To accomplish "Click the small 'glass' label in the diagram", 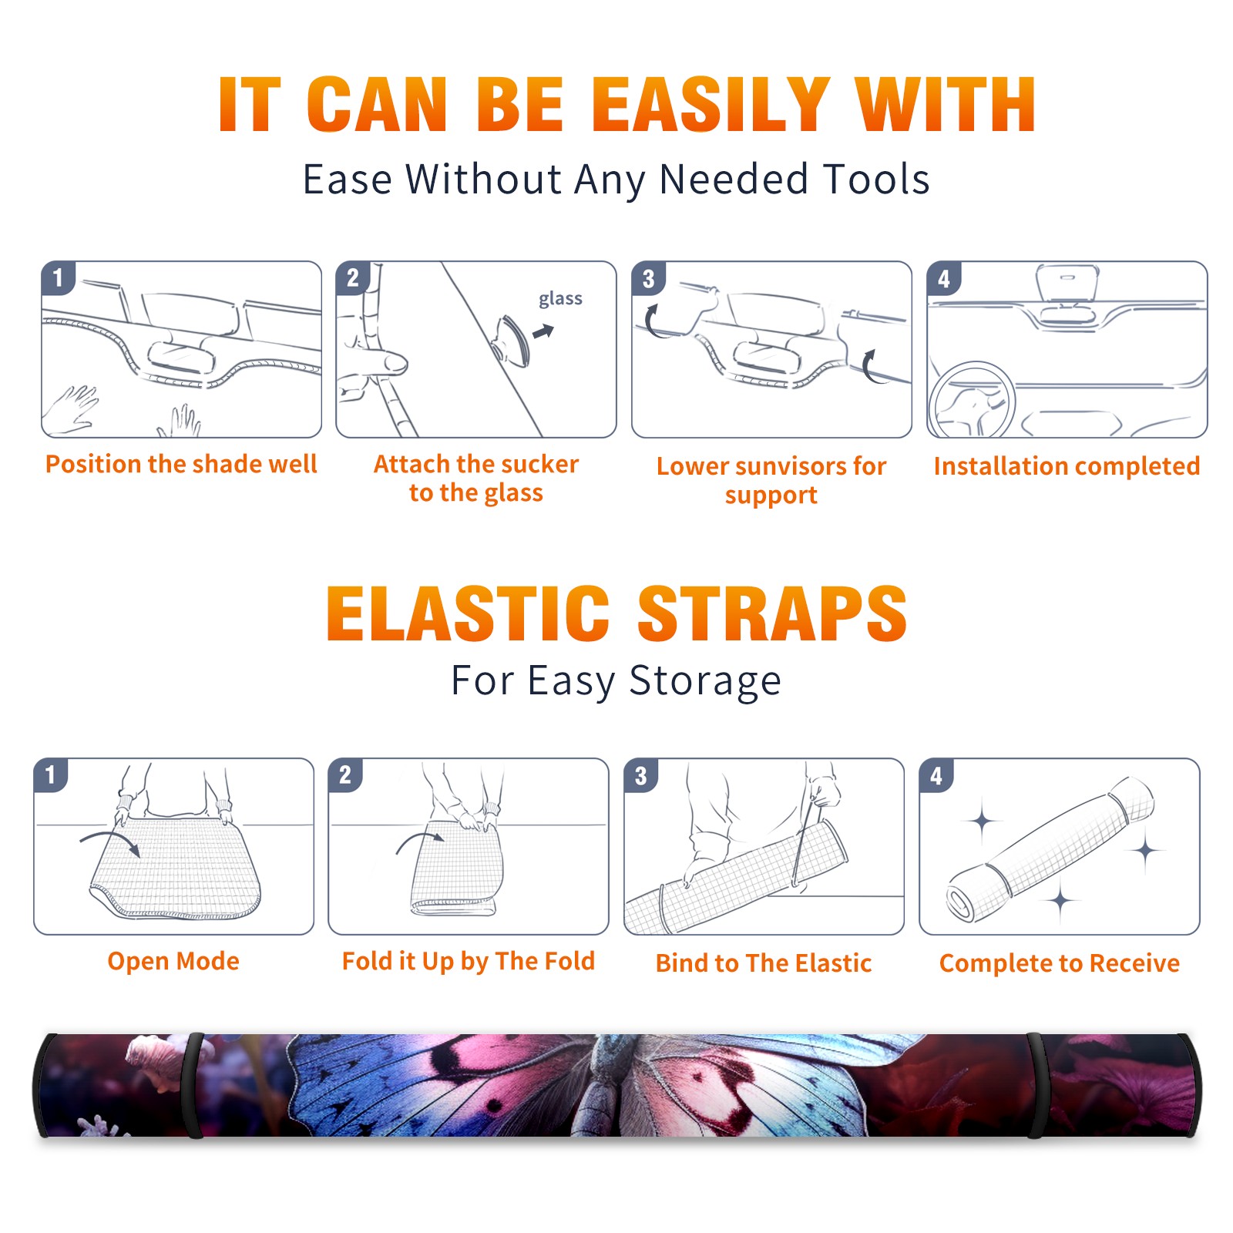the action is [560, 299].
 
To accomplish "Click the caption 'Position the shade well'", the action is [181, 464].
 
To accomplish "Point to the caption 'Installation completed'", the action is [1067, 466].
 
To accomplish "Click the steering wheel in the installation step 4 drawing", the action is [970, 400].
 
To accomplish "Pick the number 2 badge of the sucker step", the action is [353, 277].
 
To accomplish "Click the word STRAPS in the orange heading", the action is [772, 613].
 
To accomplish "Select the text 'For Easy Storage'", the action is [616, 681].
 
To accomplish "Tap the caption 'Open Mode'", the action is [173, 961].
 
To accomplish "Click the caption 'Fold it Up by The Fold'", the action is [469, 962].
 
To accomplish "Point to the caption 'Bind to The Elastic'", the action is [764, 963].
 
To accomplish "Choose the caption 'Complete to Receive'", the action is [1060, 963].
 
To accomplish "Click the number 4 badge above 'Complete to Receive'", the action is [936, 775].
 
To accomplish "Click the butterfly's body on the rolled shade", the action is [608, 1086].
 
